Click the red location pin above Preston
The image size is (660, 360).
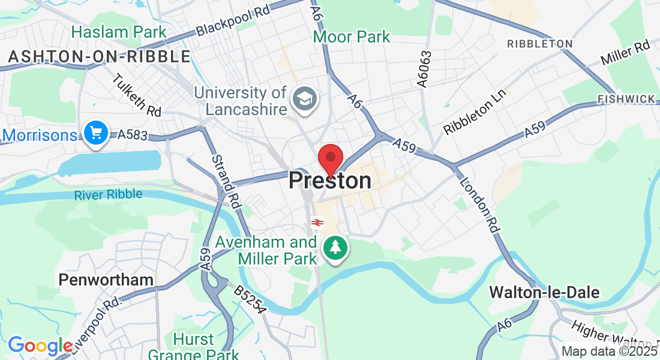click(x=330, y=159)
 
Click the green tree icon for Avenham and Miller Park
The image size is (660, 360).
click(x=335, y=247)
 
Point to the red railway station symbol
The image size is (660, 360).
click(x=317, y=223)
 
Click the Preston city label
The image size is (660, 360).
click(x=330, y=181)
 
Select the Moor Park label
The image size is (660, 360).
click(x=352, y=37)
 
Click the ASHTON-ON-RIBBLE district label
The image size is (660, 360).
click(x=99, y=56)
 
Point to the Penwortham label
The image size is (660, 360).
click(x=106, y=280)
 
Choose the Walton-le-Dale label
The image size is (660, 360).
click(x=544, y=292)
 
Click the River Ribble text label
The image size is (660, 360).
click(x=109, y=194)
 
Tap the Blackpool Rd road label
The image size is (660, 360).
click(x=233, y=20)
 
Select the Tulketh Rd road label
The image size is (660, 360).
click(x=137, y=95)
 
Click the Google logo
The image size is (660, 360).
click(x=40, y=346)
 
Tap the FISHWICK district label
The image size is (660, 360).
click(x=626, y=98)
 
